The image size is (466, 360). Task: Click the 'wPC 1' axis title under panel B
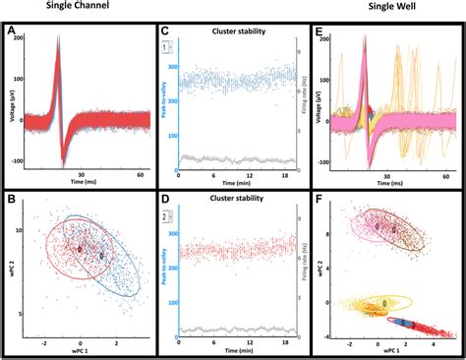(81, 350)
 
